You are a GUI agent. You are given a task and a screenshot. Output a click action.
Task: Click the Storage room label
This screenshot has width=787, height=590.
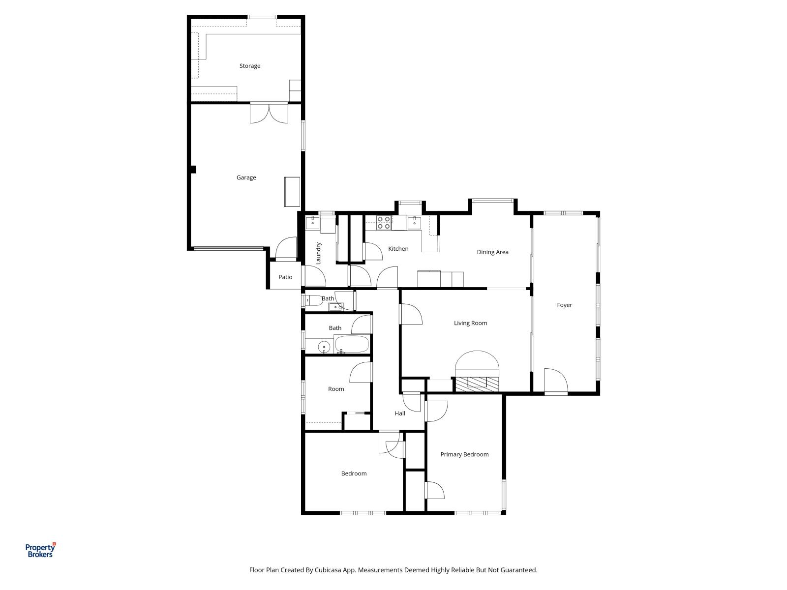click(250, 66)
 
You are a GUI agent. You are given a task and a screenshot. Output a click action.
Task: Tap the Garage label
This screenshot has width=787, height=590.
click(246, 177)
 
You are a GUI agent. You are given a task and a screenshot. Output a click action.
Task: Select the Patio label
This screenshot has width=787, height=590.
click(285, 277)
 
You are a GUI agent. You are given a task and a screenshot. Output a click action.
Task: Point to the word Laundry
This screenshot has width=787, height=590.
click(318, 253)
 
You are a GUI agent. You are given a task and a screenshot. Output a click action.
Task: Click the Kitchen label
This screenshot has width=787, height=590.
click(398, 249)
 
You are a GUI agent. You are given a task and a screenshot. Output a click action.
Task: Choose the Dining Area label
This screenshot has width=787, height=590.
click(492, 252)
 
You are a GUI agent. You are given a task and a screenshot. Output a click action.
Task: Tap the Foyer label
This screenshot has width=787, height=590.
click(564, 305)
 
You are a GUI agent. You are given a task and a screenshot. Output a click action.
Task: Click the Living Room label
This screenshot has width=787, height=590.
click(470, 323)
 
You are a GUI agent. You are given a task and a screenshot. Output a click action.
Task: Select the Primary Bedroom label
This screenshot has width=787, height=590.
click(464, 454)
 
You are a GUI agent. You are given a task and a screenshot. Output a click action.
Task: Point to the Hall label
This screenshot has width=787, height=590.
click(400, 413)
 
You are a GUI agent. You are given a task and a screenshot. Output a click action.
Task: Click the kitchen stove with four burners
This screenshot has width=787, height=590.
click(384, 223)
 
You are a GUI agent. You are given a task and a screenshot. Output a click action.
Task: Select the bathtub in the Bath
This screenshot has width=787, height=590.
click(352, 344)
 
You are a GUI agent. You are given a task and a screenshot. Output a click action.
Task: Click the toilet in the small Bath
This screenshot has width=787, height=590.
click(313, 300)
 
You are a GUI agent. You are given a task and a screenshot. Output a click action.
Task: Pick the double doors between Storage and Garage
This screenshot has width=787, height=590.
click(269, 113)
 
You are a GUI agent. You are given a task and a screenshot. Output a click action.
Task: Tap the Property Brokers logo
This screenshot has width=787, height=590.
click(40, 550)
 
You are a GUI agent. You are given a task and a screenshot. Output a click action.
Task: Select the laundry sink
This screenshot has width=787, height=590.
click(313, 223)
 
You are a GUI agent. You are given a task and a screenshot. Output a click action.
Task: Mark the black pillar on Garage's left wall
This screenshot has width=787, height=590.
click(193, 170)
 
